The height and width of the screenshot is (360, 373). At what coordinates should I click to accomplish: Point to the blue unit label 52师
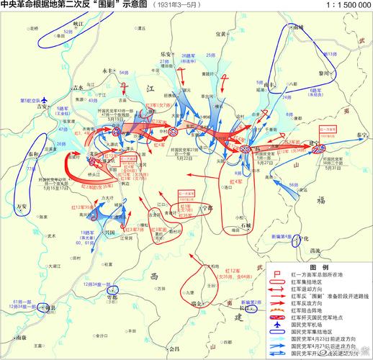click(x=68, y=32)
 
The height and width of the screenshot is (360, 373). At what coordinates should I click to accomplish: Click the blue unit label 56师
click(x=293, y=184)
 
